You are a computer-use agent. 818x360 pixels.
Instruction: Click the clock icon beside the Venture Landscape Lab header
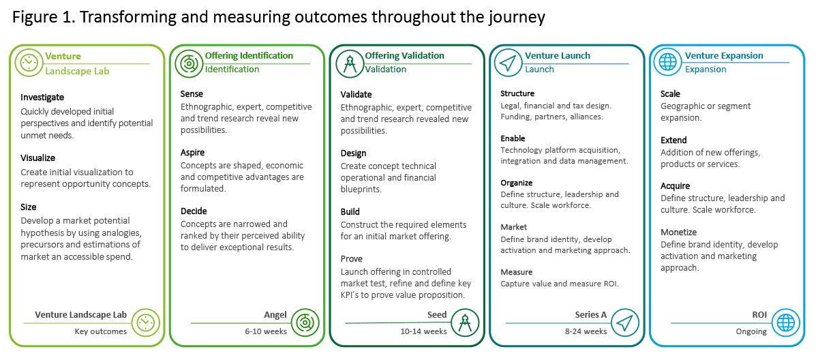pos(29,63)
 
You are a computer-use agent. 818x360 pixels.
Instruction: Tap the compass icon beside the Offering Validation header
pos(350,64)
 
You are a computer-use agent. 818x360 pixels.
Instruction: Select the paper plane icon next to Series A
pos(625,322)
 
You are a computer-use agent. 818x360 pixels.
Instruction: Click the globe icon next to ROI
pos(785,322)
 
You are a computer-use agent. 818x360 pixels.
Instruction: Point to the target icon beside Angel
pos(305,322)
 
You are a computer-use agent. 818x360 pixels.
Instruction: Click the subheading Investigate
pos(42,97)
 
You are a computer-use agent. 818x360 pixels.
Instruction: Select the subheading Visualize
pos(38,158)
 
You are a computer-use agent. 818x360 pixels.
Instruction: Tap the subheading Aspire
pos(192,153)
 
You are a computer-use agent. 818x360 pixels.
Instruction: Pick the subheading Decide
pos(194,211)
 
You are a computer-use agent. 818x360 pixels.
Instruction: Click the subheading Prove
pos(351,259)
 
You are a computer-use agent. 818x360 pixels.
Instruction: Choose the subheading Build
pos(350,212)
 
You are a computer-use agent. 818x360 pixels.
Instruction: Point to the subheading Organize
pos(517,183)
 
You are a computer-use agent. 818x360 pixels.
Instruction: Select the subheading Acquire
pos(675,186)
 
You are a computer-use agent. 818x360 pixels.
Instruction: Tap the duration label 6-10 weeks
pos(266,331)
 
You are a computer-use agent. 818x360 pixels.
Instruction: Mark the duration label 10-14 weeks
pos(423,331)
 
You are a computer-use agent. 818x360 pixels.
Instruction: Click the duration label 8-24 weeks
pos(586,331)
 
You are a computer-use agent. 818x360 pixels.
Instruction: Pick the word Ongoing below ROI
pos(751,331)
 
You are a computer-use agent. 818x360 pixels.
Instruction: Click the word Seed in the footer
pos(437,315)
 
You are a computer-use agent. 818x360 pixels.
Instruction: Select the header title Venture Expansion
pos(724,55)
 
